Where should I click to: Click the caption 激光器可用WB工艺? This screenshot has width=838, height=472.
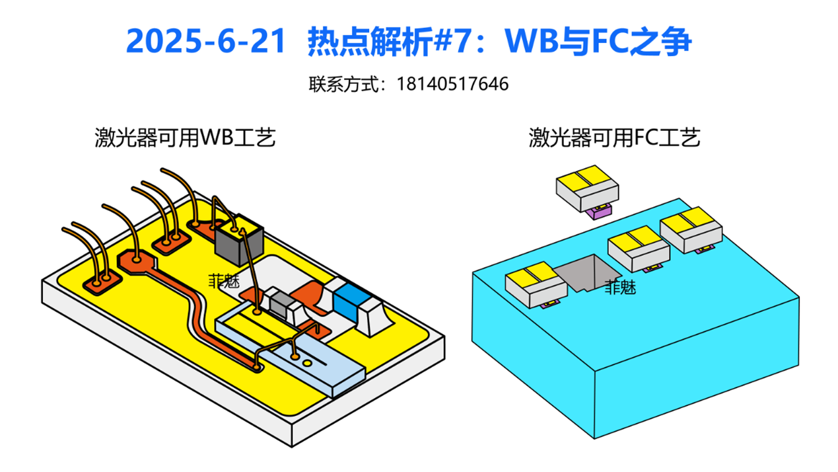tap(186, 138)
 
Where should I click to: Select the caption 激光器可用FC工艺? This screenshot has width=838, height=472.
tap(614, 138)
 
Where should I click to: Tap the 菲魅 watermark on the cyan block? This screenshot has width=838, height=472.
tap(620, 288)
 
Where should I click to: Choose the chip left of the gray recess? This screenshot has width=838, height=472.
tap(536, 285)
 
